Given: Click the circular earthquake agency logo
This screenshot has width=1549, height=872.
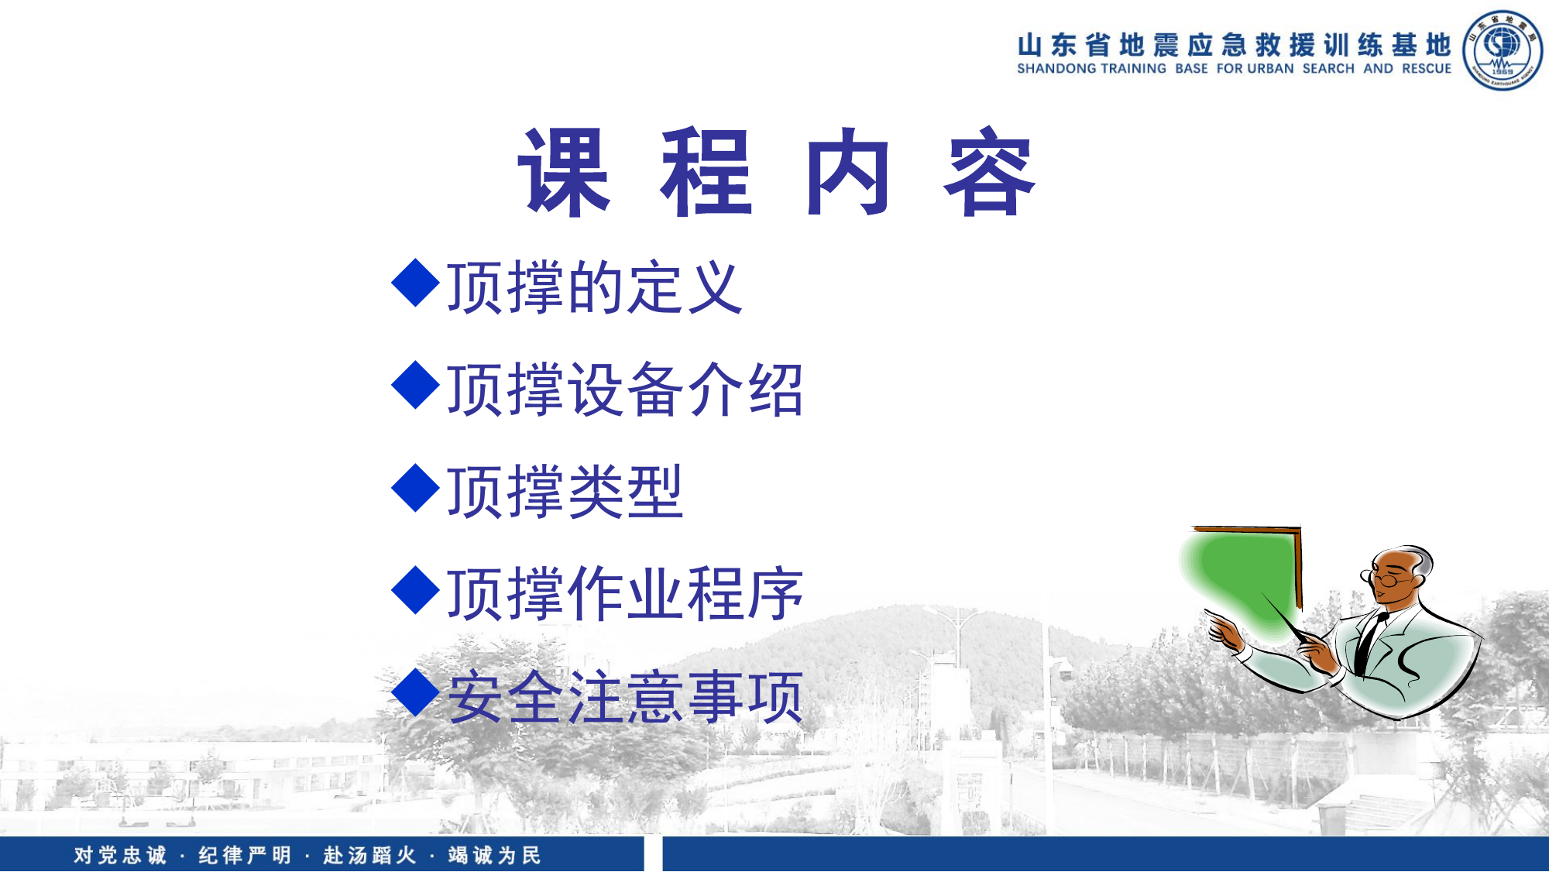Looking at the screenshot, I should click(1502, 50).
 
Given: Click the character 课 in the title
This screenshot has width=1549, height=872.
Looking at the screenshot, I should click(565, 172).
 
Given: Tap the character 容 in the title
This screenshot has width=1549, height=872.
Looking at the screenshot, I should click(989, 172).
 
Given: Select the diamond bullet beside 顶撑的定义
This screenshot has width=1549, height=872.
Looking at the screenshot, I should click(416, 283).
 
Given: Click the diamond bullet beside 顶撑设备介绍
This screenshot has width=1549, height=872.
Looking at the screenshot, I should click(416, 385).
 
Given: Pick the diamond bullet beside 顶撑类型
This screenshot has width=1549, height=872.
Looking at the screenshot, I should click(416, 488).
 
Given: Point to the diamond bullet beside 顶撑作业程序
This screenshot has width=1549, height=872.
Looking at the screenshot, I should click(416, 590).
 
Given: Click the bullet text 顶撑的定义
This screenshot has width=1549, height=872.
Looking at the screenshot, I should click(595, 288).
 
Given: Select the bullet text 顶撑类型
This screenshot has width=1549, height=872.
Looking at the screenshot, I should click(565, 493).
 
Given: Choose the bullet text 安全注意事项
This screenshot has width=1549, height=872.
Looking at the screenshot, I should click(626, 697).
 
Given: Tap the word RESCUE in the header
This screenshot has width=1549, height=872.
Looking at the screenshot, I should click(1427, 69).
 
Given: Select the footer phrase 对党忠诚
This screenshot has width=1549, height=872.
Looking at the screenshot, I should click(120, 855).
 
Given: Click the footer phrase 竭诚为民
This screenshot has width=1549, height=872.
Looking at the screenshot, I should click(494, 855).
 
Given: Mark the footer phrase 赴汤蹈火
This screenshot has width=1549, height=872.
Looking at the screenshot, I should click(369, 855).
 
